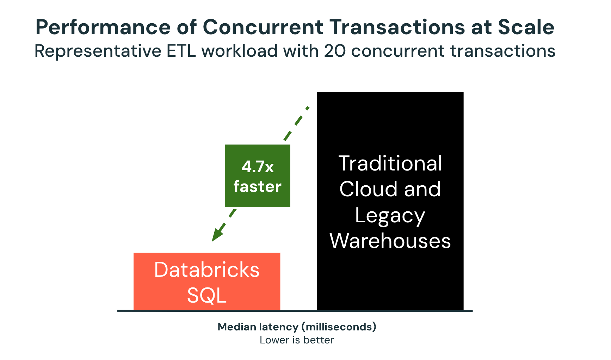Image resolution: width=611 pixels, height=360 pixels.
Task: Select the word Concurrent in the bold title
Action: (x=263, y=27)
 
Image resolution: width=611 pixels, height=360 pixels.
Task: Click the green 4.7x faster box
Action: (x=258, y=175)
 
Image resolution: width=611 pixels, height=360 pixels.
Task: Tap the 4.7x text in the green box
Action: (x=258, y=167)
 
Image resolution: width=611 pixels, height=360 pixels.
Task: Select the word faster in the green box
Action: (x=258, y=186)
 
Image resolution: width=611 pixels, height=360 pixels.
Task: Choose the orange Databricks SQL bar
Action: (x=207, y=281)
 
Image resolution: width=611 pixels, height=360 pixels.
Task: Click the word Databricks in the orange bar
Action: (x=207, y=270)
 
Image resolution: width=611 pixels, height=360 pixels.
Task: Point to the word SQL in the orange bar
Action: (x=207, y=295)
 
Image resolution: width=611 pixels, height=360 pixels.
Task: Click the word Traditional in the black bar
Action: (x=390, y=163)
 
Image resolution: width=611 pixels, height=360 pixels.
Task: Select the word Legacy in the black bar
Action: (x=390, y=216)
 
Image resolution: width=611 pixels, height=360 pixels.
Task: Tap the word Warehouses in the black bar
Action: (x=390, y=241)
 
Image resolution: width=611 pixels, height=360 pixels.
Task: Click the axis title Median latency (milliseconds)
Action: (x=297, y=327)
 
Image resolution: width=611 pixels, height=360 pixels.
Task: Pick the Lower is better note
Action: (x=297, y=340)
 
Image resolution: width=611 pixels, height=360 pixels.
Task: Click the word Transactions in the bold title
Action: (x=397, y=27)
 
